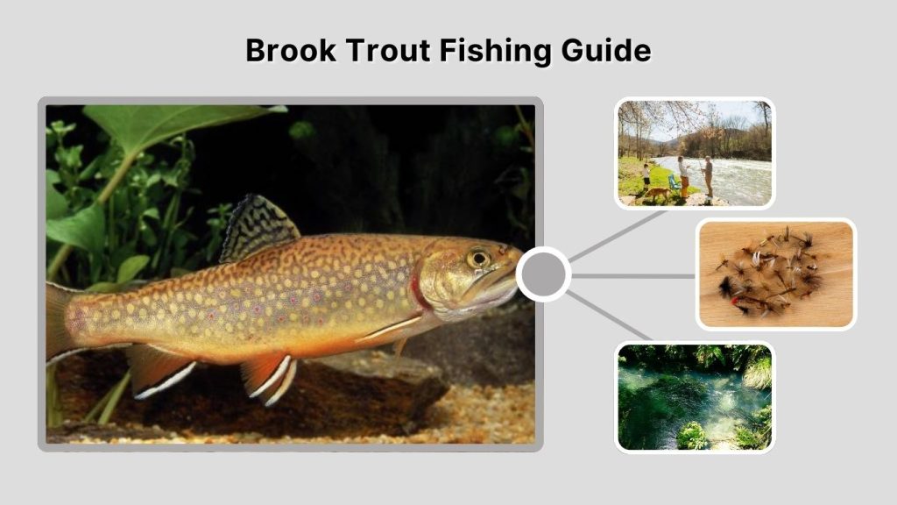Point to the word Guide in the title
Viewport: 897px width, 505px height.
[x=607, y=51]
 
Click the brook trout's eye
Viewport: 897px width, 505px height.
[x=478, y=259]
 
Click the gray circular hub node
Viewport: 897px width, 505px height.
[x=543, y=274]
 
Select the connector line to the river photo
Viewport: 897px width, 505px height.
[x=613, y=237]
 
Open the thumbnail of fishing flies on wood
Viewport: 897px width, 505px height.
[x=776, y=274]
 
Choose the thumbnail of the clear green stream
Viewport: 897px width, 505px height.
[x=695, y=396]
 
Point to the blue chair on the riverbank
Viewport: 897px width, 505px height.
[x=674, y=181]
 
